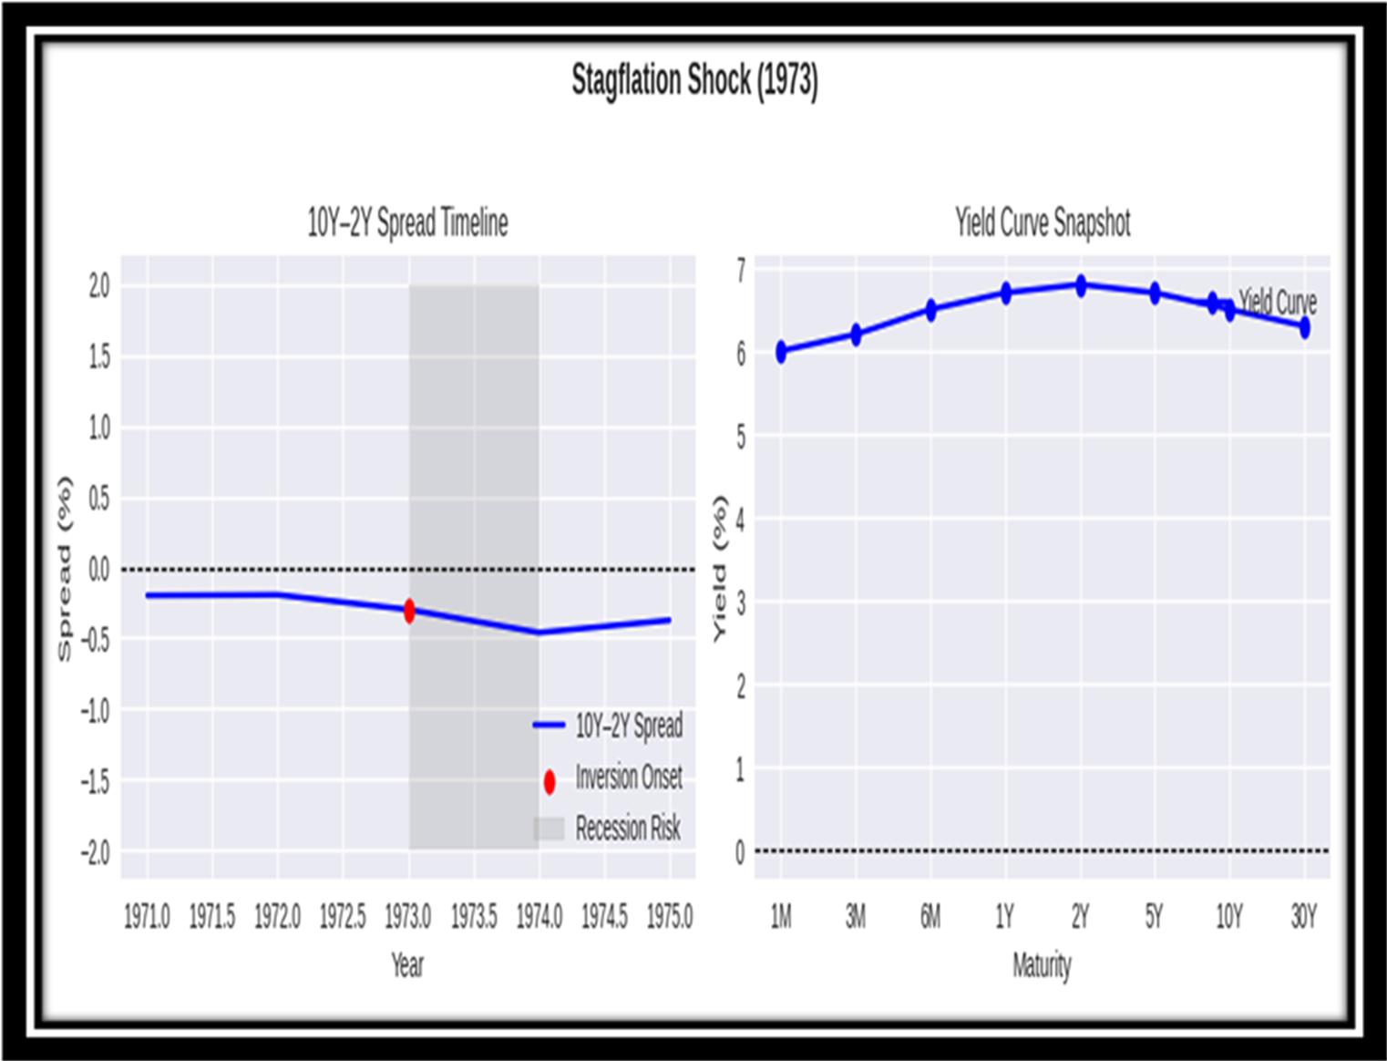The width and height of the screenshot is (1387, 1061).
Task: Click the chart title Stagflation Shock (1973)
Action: [694, 80]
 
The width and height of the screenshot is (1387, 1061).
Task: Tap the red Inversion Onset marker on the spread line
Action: [409, 611]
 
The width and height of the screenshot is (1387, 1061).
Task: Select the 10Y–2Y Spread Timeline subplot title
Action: [407, 222]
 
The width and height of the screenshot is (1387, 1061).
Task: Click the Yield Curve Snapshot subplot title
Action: [1042, 222]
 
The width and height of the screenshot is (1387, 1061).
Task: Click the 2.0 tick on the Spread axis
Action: [98, 286]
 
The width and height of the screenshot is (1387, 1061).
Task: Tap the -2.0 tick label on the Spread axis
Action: [95, 853]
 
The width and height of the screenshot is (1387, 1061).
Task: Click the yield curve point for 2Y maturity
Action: [1080, 286]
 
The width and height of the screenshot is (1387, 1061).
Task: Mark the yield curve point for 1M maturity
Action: [781, 352]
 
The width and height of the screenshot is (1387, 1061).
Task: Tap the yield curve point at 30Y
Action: [1304, 327]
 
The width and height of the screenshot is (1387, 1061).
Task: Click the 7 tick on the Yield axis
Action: [740, 270]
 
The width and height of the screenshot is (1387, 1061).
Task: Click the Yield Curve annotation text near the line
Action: [1278, 302]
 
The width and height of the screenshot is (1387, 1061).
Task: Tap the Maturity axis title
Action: [1042, 964]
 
